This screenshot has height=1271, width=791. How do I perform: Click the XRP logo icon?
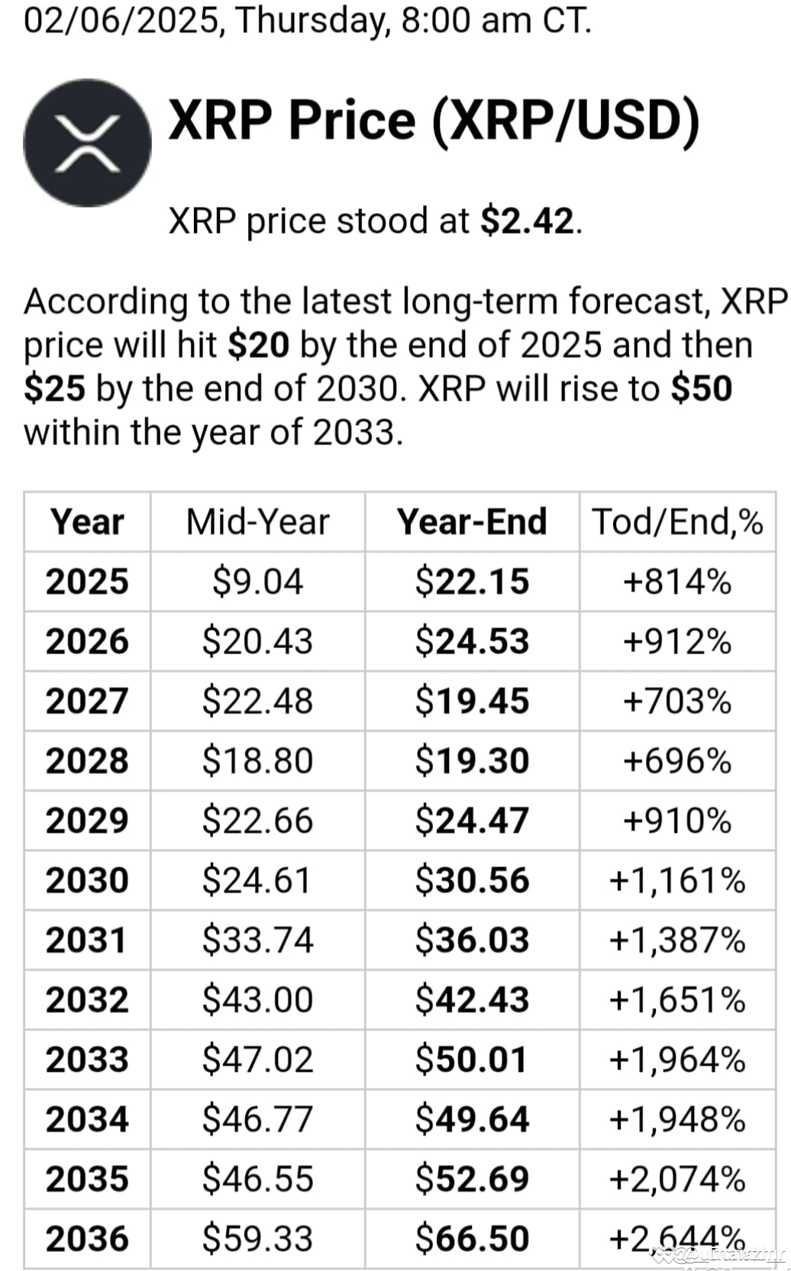(x=87, y=143)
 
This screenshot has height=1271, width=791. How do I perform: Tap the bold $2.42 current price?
(x=527, y=221)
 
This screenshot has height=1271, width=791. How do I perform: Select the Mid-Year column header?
(x=257, y=522)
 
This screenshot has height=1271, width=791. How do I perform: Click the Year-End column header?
(x=472, y=522)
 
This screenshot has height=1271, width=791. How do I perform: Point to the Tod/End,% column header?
(x=677, y=522)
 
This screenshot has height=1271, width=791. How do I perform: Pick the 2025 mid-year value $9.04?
(x=257, y=582)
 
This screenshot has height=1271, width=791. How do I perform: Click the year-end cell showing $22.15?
(x=472, y=582)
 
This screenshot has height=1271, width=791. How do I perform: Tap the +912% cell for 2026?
(x=677, y=641)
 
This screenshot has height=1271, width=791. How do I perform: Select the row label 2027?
(x=87, y=702)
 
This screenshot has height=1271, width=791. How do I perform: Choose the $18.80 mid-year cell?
(x=257, y=761)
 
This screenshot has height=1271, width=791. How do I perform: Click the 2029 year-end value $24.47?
(x=472, y=821)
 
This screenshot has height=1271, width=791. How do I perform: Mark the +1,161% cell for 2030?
(x=677, y=880)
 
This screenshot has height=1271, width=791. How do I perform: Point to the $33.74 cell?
(x=257, y=940)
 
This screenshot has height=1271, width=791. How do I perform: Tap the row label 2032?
(x=87, y=1000)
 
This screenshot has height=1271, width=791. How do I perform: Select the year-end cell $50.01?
(x=472, y=1060)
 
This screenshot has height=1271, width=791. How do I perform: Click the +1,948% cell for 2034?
(x=677, y=1119)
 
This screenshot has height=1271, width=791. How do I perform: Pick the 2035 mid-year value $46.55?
(x=257, y=1179)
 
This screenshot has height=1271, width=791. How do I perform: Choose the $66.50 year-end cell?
(x=472, y=1238)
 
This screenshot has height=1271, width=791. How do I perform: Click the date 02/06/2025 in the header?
(x=121, y=21)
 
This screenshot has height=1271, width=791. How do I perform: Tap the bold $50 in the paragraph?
(x=701, y=389)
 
